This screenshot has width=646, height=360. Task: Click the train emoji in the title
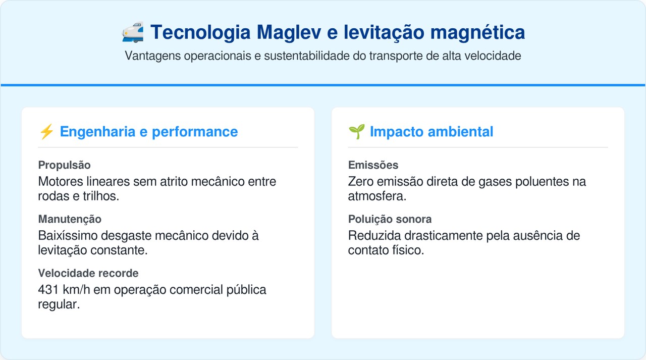coord(133,32)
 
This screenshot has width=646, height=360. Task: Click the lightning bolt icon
coord(46,132)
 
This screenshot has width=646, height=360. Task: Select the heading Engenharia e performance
coord(148,132)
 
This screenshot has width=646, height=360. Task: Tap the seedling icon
coord(356,132)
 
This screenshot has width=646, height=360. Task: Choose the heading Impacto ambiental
coord(431,132)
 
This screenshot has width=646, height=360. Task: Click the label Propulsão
coord(64,165)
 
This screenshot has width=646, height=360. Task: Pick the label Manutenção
coord(70,219)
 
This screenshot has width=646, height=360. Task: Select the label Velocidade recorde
coord(88,273)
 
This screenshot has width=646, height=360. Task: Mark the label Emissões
coord(373,165)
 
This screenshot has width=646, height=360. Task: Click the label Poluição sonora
coord(390,219)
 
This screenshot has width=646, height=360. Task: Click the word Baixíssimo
coord(67,236)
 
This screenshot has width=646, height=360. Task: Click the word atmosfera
coord(376,196)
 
